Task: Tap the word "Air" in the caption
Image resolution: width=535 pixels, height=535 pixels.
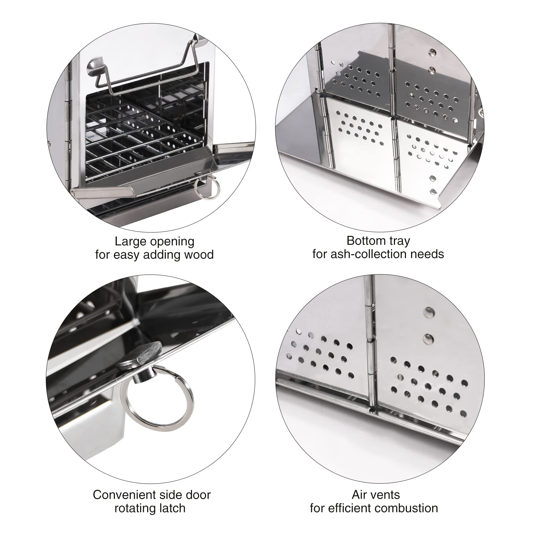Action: point(359,495)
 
